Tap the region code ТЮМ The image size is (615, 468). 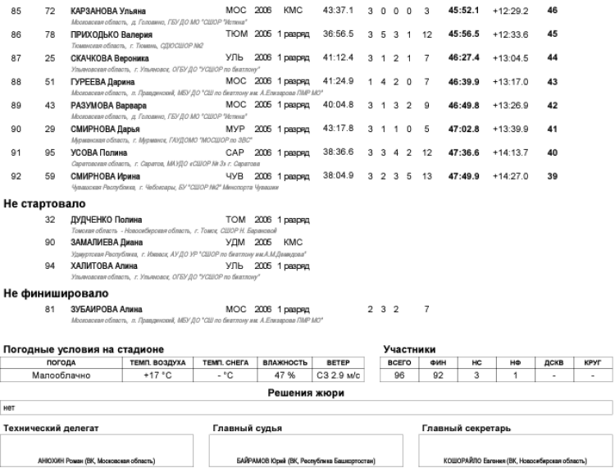[235, 34]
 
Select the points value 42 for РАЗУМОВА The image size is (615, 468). [551, 106]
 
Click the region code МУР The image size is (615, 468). [235, 129]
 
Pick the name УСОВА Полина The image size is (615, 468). [98, 153]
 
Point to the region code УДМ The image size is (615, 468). [235, 243]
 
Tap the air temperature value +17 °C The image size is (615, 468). [156, 375]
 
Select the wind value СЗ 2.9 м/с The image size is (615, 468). [339, 375]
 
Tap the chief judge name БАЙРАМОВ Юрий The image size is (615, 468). [303, 461]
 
